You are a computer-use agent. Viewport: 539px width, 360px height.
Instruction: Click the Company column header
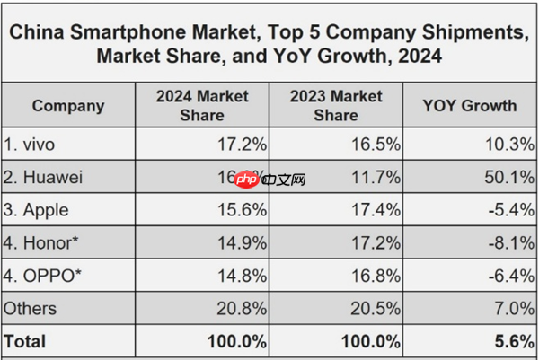point(67,106)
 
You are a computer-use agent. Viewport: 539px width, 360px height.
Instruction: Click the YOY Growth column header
point(470,106)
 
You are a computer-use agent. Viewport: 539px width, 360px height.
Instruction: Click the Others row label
point(31,309)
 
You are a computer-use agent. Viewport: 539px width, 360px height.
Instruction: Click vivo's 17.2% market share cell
point(240,145)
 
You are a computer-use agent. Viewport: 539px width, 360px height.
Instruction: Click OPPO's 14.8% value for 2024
point(240,276)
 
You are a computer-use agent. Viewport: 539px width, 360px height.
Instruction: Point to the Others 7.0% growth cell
point(512,309)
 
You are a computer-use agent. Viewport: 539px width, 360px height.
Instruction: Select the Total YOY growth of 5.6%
point(512,341)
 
